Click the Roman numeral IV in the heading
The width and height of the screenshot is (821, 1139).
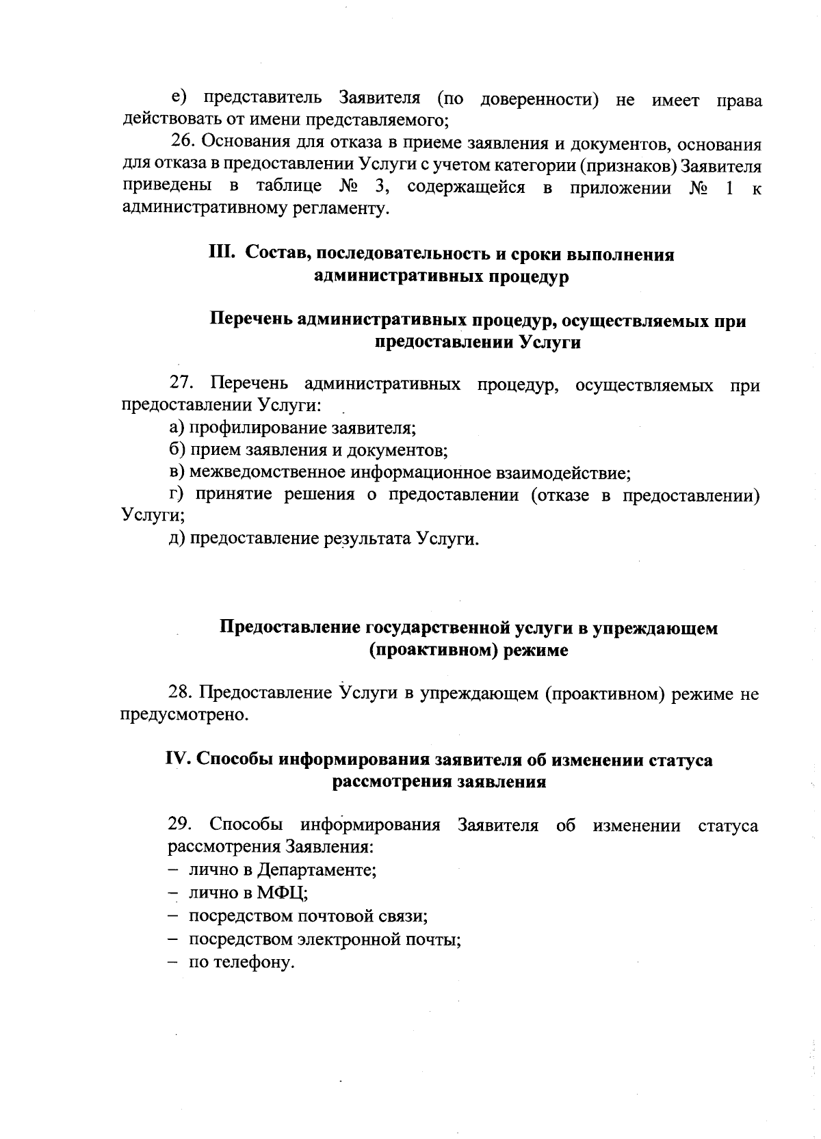(x=178, y=760)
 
